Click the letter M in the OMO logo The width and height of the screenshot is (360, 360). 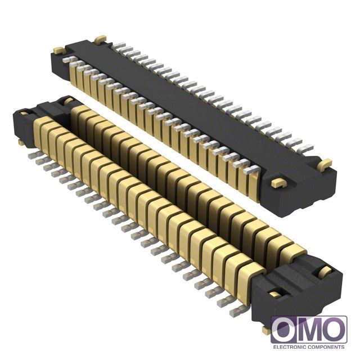click(309, 330)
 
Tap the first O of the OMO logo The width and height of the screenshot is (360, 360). click(284, 330)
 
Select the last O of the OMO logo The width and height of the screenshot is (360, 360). click(334, 330)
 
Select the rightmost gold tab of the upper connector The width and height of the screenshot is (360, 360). click(325, 164)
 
